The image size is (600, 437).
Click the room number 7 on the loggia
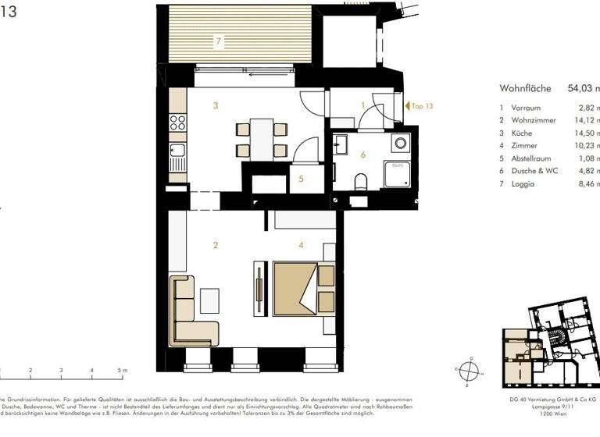(220, 39)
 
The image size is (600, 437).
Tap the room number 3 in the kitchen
(215, 105)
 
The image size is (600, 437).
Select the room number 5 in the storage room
(301, 179)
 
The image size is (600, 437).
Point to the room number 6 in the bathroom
(362, 154)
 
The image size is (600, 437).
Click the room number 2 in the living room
(215, 245)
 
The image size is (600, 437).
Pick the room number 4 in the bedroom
(301, 245)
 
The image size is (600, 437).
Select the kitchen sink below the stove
(177, 150)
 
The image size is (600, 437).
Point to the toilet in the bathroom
(360, 182)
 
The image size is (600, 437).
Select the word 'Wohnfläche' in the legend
(527, 89)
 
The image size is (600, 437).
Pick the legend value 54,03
(582, 89)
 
